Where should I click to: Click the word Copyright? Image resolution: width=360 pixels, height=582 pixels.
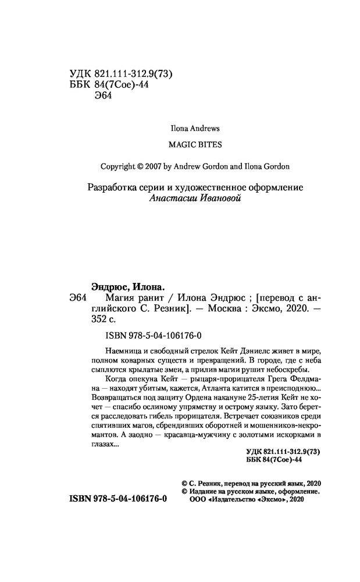117,166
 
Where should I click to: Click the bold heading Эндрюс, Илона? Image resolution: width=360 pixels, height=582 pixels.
128,286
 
